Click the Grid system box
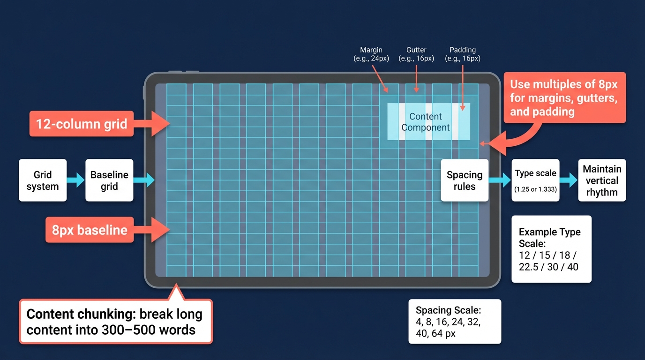tap(43, 180)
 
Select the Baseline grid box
tap(109, 180)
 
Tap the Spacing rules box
tap(465, 180)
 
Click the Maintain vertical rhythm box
tap(602, 180)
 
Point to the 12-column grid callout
tap(81, 124)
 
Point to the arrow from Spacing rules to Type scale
tap(500, 180)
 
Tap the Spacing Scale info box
tap(455, 322)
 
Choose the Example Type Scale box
tap(551, 249)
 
